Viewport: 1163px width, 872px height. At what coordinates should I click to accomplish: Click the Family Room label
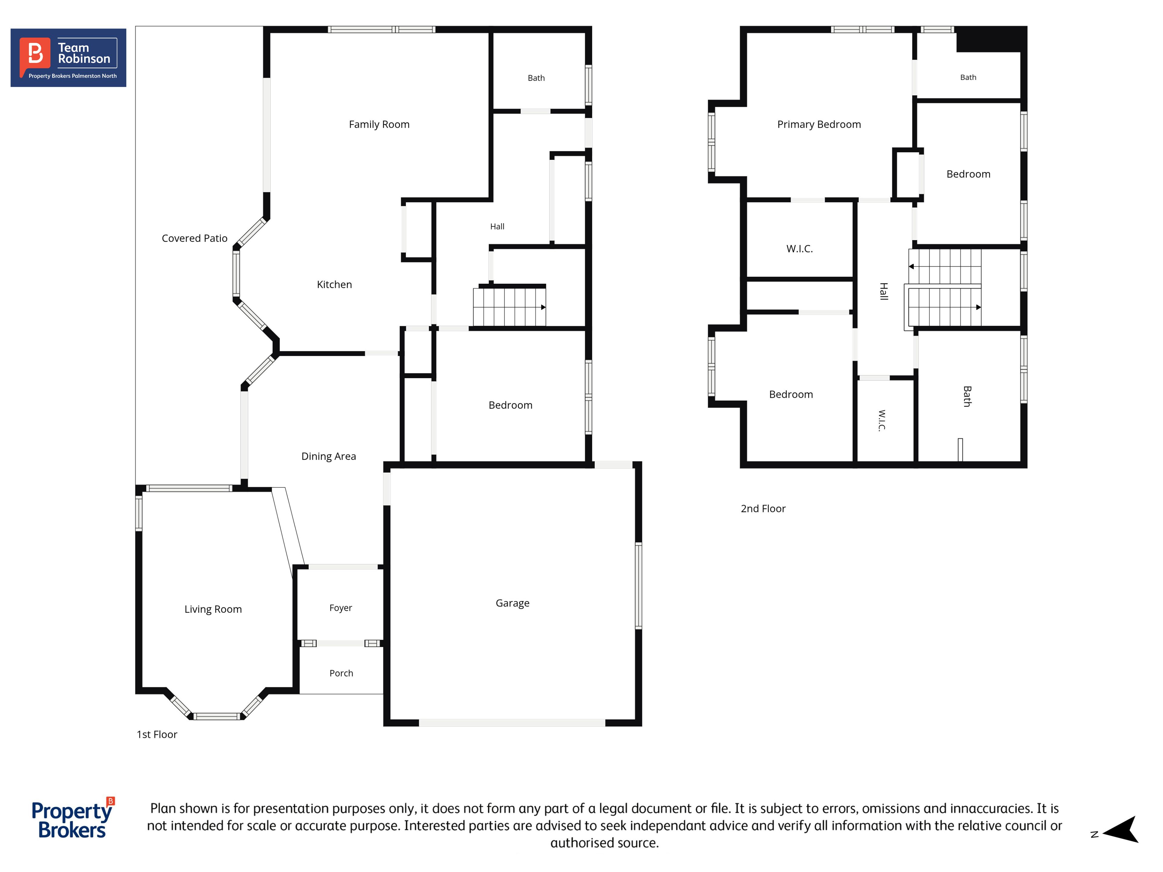click(379, 124)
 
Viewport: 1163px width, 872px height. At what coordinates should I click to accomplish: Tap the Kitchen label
click(334, 284)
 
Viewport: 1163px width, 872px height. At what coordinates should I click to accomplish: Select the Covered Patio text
click(194, 238)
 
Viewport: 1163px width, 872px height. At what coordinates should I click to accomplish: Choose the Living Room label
click(213, 609)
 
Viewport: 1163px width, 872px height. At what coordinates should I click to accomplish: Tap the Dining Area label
click(329, 456)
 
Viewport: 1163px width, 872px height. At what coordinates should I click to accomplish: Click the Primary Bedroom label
click(819, 124)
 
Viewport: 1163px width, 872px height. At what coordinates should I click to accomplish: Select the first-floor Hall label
click(497, 226)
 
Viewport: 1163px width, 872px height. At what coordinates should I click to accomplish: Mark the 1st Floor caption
click(157, 734)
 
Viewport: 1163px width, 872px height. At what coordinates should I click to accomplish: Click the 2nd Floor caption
click(763, 508)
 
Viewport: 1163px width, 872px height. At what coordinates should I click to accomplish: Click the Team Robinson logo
click(68, 58)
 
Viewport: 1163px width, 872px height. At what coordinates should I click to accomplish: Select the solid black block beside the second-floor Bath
click(991, 39)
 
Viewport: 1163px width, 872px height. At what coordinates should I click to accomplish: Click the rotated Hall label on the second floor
click(884, 291)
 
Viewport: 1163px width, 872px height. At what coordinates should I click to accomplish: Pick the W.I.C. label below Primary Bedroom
click(799, 249)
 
